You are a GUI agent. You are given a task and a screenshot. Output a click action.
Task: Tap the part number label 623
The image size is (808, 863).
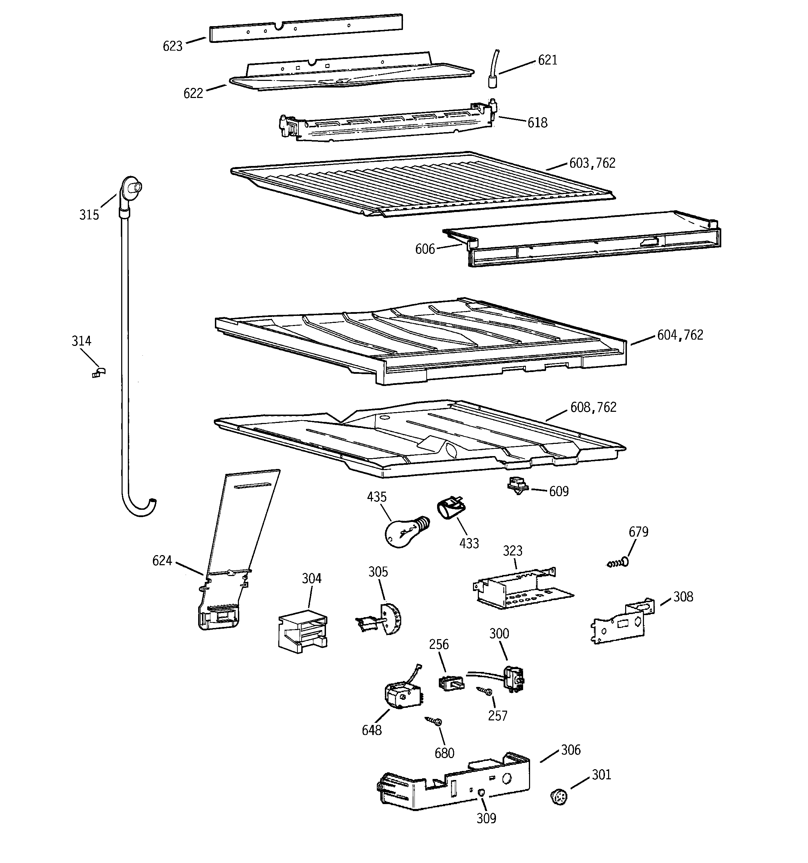pyautogui.click(x=173, y=46)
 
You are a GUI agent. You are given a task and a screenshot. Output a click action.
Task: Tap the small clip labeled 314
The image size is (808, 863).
pyautogui.click(x=99, y=372)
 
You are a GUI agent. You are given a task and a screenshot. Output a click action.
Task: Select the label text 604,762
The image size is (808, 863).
pyautogui.click(x=679, y=335)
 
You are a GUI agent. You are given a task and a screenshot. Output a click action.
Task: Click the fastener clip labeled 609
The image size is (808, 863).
pyautogui.click(x=518, y=486)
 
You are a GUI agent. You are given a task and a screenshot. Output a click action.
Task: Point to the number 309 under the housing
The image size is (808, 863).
pyautogui.click(x=486, y=818)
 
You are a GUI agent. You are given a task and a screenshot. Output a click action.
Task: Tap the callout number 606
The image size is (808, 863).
pyautogui.click(x=425, y=249)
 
